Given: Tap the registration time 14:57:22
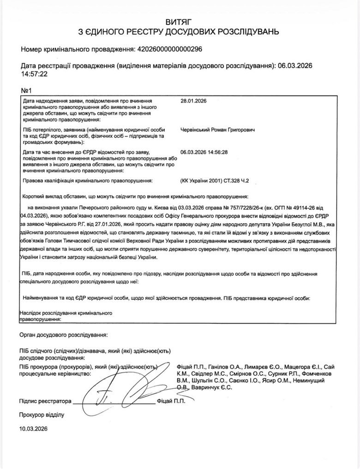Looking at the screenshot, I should coord(35,73).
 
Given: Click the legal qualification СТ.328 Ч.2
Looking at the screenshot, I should coord(240,181).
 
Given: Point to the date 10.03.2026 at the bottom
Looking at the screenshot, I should coord(33,428).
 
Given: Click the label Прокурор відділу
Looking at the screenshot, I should coord(42,415).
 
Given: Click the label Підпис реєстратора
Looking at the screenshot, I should coord(45,401).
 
